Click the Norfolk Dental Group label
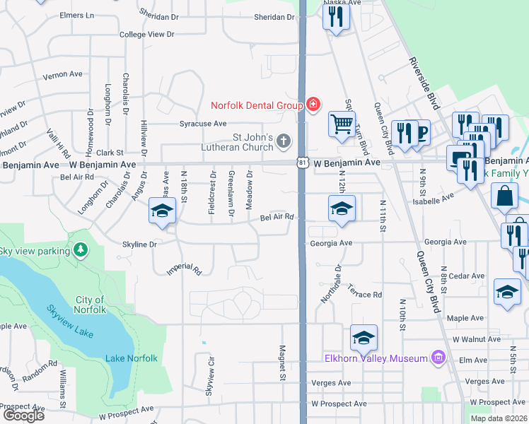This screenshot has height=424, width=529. (257, 105)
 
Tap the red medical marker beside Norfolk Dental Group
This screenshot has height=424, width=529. (313, 105)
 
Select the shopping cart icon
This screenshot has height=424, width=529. (342, 124)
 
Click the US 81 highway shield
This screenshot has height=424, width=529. (302, 163)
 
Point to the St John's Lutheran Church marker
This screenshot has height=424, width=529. (283, 141)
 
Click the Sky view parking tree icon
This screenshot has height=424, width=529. (81, 250)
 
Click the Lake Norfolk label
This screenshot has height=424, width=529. (131, 358)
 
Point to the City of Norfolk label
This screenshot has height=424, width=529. (90, 305)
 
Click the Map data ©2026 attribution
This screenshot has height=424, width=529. (499, 418)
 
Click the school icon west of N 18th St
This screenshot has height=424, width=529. (162, 211)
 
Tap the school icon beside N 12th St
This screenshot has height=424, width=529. (342, 208)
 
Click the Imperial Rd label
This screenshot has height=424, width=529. (185, 270)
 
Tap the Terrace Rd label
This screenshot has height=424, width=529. (366, 294)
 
